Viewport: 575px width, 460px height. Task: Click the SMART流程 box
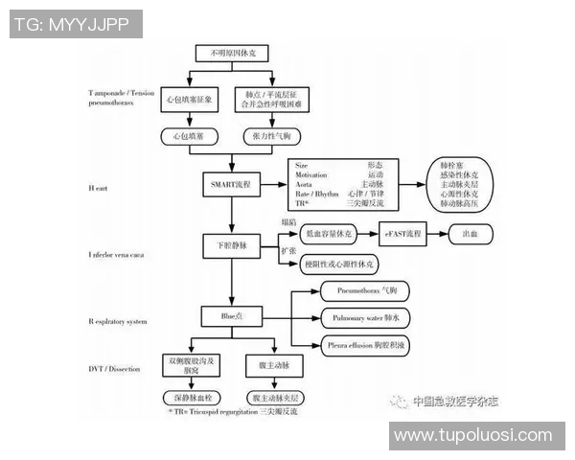pyautogui.click(x=229, y=182)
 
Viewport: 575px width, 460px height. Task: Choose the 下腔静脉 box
pyautogui.click(x=229, y=246)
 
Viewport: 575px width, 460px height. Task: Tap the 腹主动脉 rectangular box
pyautogui.click(x=274, y=364)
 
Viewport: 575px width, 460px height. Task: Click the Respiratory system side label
pyautogui.click(x=118, y=321)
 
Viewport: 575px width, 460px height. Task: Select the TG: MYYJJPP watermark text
pyautogui.click(x=72, y=24)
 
